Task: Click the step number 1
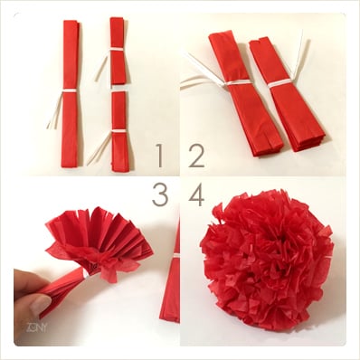click(x=159, y=156)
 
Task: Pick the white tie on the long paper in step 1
click(x=68, y=92)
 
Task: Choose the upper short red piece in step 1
click(x=118, y=54)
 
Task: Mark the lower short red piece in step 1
click(x=118, y=131)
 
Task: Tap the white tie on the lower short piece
click(x=118, y=130)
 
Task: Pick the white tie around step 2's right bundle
click(x=279, y=82)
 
